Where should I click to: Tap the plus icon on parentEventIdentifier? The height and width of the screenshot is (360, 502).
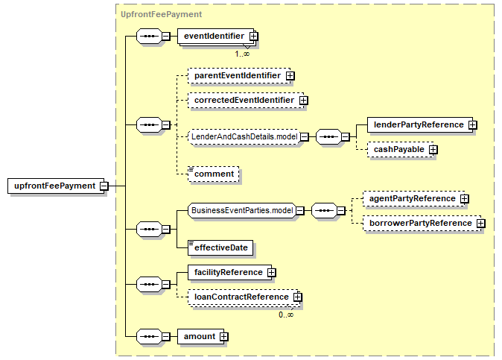tap(290, 75)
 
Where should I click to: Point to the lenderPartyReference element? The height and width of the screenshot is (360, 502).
tap(420, 125)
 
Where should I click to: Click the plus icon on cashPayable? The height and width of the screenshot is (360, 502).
tap(433, 150)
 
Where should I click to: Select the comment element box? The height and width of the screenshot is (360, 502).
tap(214, 174)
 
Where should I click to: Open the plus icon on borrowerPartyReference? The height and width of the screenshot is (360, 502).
tap(480, 224)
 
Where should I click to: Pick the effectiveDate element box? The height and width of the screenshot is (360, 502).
tap(220, 248)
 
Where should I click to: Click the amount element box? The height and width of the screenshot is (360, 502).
tap(201, 337)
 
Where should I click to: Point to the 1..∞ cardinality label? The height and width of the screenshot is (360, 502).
tap(242, 54)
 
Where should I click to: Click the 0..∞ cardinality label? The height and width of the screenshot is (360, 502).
tap(286, 315)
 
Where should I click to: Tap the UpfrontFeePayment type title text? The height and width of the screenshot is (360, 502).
tap(162, 14)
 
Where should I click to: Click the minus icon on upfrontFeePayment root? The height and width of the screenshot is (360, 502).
tap(104, 186)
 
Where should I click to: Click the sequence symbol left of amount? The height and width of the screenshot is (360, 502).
tap(149, 337)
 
